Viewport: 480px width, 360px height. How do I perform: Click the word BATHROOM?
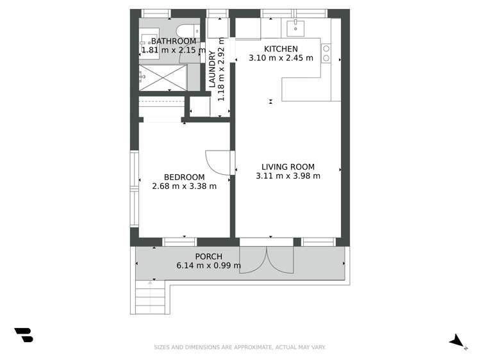(174, 41)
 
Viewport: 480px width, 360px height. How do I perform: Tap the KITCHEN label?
(281, 49)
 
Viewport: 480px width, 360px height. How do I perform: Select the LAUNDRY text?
(212, 70)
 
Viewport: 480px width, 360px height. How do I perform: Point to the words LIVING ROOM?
(288, 167)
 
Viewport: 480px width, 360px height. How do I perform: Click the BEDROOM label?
(184, 177)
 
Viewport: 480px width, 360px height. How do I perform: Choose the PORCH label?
(208, 257)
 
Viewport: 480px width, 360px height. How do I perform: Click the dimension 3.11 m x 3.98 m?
(288, 176)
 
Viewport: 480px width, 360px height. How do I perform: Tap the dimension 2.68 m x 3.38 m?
(184, 187)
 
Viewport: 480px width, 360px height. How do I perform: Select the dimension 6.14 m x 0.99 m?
(208, 266)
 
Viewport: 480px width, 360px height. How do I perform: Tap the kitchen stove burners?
(326, 53)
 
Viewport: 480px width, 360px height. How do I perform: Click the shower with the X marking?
(165, 77)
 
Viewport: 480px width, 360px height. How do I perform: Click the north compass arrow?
(457, 341)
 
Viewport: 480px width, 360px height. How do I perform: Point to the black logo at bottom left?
(24, 335)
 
